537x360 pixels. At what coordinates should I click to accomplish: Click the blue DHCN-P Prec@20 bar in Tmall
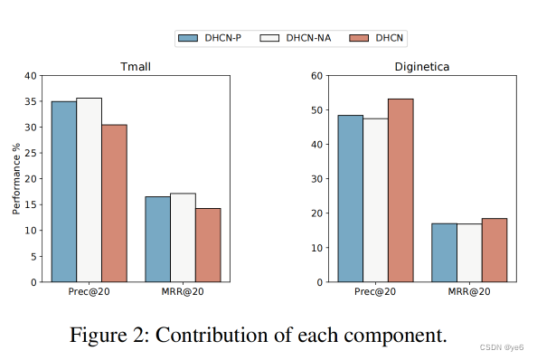point(63,192)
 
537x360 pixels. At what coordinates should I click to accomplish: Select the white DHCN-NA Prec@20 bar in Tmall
point(89,190)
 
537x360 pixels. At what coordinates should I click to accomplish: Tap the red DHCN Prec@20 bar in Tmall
point(114,204)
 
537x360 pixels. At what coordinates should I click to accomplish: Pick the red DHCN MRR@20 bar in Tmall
point(208,245)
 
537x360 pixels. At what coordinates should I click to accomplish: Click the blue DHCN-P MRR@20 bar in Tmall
point(157,240)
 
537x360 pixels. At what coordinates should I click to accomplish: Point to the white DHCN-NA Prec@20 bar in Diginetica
point(375,200)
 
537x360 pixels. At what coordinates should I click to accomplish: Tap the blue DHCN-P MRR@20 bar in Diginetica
point(444,252)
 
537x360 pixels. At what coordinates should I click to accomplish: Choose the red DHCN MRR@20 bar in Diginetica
point(495,251)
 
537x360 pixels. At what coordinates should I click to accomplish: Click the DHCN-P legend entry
point(212,37)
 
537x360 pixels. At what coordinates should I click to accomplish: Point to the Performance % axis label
point(16,178)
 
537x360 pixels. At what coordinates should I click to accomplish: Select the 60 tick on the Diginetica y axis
point(318,76)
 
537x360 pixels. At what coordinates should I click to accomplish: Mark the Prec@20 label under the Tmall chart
point(89,292)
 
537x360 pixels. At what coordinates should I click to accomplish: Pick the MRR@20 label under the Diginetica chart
point(469,292)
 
